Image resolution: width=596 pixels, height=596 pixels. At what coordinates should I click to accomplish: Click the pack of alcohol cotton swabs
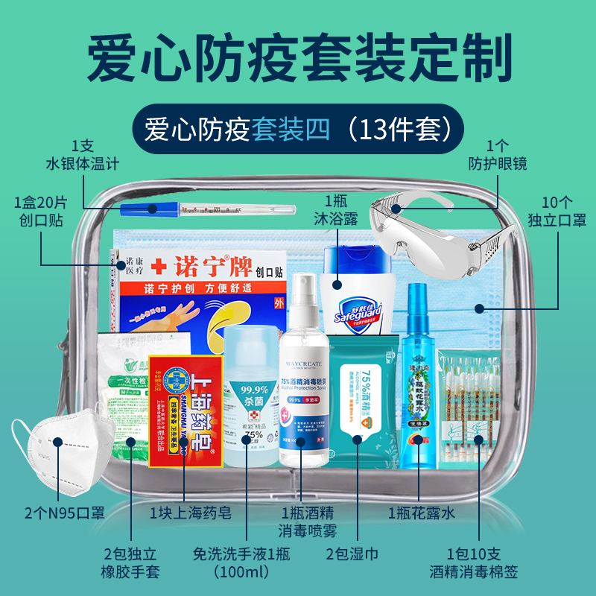[x=468, y=406]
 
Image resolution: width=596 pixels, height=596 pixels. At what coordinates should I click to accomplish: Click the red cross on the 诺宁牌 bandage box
[x=158, y=265]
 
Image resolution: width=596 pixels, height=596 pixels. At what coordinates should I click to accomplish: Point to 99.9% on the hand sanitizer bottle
[x=254, y=389]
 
